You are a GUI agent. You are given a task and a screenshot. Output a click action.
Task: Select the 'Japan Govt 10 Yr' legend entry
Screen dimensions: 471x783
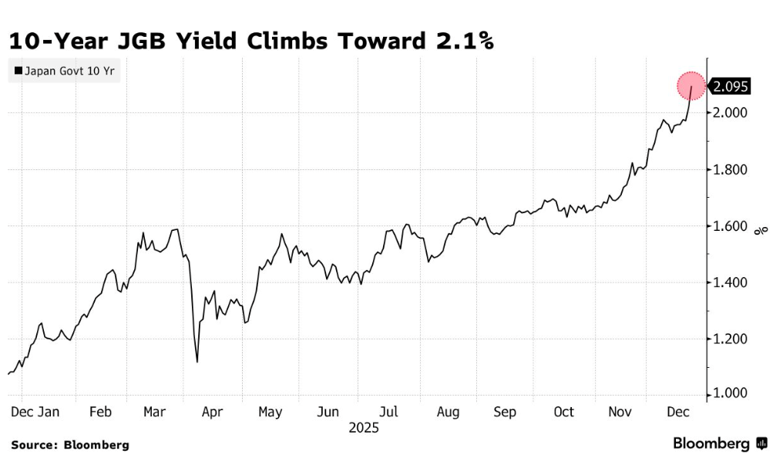point(64,71)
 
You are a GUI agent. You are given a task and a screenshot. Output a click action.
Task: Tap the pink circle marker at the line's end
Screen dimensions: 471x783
point(691,86)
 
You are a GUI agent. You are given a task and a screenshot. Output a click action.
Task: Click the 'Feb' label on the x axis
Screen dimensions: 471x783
point(100,412)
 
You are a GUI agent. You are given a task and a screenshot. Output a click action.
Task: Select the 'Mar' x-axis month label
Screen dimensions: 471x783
point(156,412)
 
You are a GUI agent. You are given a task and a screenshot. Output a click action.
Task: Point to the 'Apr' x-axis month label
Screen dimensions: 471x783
point(212,412)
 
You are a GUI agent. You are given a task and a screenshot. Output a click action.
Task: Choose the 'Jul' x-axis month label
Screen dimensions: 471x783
point(390,412)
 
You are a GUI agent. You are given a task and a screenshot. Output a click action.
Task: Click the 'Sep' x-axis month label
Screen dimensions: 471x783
point(505,412)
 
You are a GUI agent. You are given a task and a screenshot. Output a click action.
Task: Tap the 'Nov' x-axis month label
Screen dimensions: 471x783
point(620,412)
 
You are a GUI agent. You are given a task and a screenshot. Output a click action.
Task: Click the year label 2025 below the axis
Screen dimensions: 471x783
point(364,427)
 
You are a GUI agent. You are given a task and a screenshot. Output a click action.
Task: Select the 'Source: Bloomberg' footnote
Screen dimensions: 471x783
point(69,445)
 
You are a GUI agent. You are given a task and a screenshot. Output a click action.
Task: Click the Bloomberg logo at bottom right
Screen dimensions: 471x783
point(720,444)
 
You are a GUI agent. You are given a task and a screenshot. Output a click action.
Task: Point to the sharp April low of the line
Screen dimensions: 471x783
point(197,362)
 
